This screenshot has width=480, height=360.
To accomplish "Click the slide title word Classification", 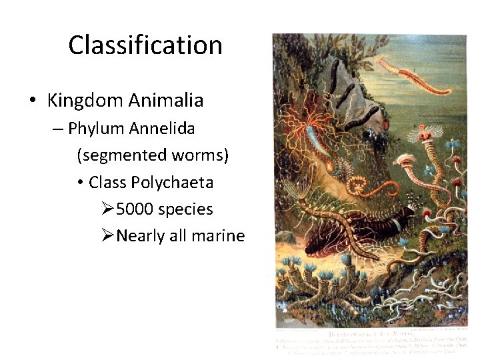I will click(x=145, y=45).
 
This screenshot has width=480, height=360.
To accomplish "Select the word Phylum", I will click(x=94, y=128).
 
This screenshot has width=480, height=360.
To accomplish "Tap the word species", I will click(x=186, y=209).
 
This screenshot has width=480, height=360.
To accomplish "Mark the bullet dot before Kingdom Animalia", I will click(x=32, y=101).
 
